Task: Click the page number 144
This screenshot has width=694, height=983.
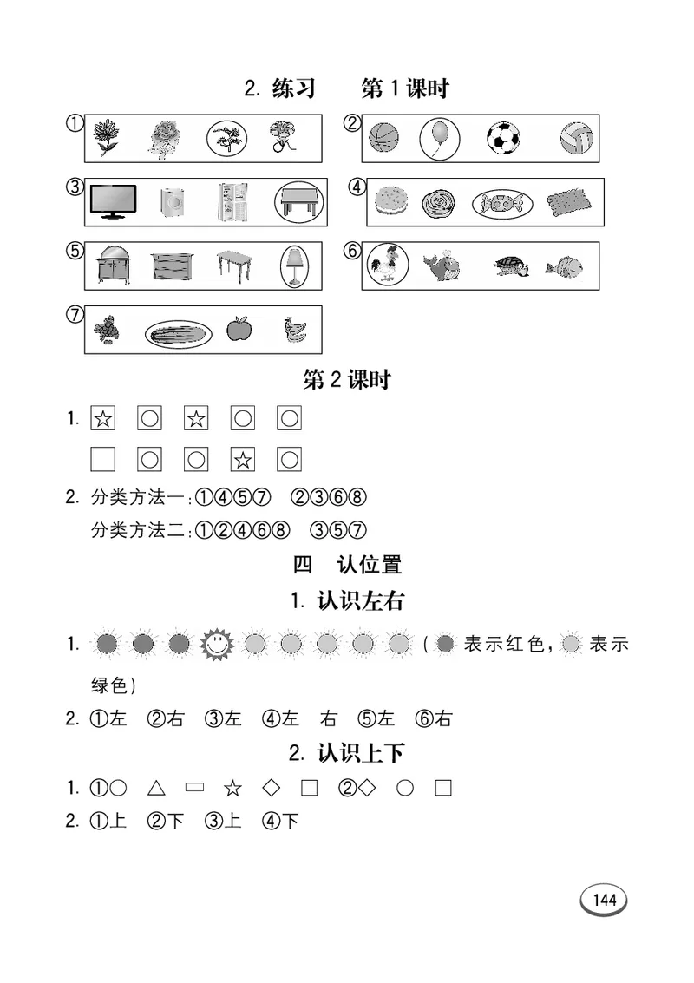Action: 604,900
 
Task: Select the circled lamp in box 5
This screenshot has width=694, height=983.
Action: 294,265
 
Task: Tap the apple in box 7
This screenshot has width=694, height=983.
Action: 238,330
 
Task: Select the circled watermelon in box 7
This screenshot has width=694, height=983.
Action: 178,331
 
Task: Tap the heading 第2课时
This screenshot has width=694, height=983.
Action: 347,379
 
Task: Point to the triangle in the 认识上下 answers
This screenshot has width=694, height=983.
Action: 156,788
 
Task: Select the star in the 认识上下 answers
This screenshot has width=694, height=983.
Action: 232,789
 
